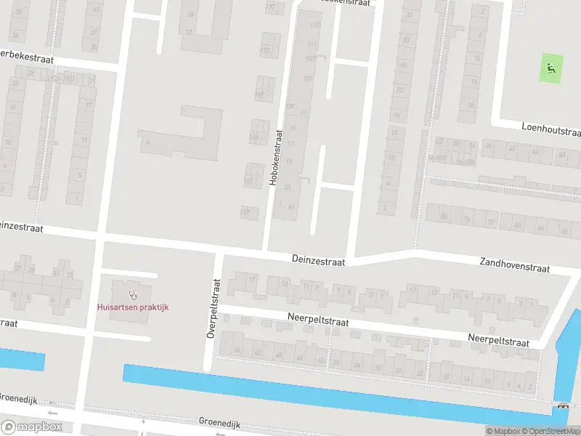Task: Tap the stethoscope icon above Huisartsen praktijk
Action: (133, 294)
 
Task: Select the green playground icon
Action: (551, 69)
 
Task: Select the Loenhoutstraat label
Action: (551, 129)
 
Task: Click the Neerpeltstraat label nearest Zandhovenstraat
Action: (498, 338)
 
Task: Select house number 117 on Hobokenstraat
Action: (314, 25)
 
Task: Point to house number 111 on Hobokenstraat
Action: (313, 45)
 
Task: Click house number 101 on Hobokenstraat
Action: (308, 78)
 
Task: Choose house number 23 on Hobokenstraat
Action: (288, 187)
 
